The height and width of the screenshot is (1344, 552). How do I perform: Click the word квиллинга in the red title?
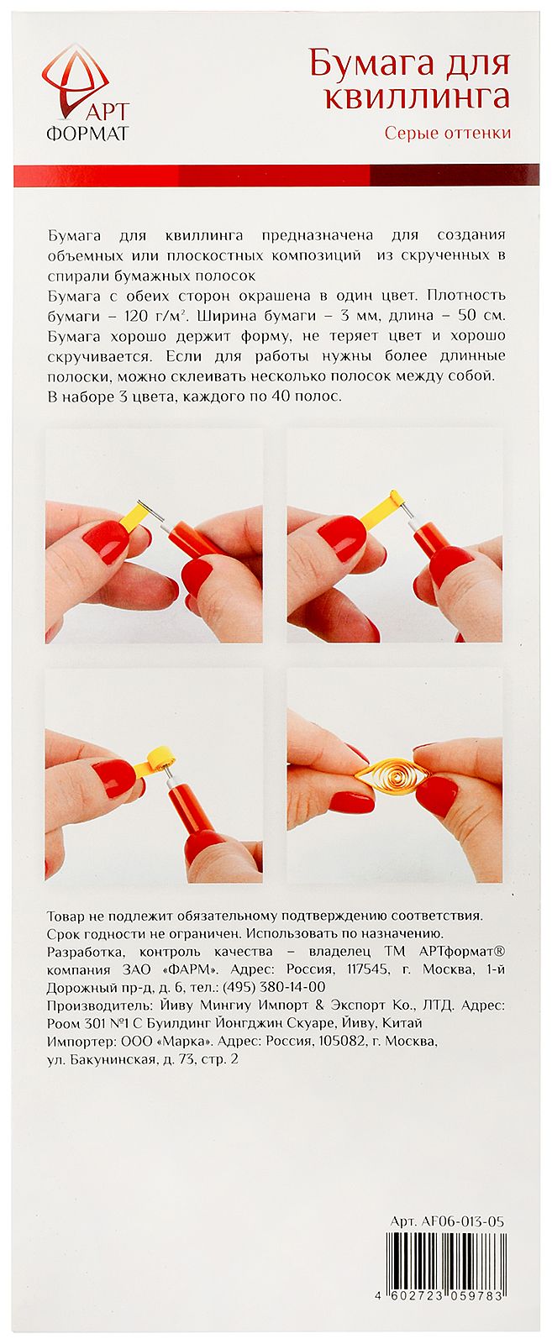(x=417, y=96)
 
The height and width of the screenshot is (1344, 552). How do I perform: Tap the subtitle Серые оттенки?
(x=448, y=132)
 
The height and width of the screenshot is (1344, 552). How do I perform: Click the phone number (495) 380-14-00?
(x=274, y=987)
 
